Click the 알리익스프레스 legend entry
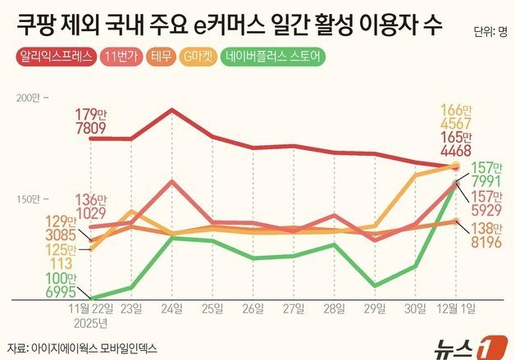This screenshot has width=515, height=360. (55, 57)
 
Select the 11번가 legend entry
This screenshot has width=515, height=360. (122, 57)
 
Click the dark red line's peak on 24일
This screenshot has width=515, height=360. (171, 110)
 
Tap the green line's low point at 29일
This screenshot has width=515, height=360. (375, 286)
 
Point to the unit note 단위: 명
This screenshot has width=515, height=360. (490, 33)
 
